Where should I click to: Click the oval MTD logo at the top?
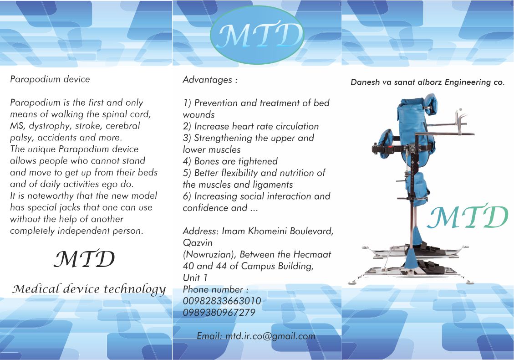coord(257,35)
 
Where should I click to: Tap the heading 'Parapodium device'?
coord(50,79)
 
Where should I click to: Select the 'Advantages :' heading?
coord(210,80)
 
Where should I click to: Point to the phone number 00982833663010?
coord(222,301)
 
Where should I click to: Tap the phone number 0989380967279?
coord(219,313)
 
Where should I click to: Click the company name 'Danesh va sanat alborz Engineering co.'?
coord(427,82)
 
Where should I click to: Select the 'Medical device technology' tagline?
coord(89,289)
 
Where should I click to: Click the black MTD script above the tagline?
coord(84,258)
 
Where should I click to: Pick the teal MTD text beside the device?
coord(468,216)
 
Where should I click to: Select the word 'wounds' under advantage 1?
coord(198,115)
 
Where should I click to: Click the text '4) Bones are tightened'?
coord(230,161)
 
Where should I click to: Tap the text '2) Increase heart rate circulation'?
coord(251,126)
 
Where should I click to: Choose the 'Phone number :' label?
coord(215,289)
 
